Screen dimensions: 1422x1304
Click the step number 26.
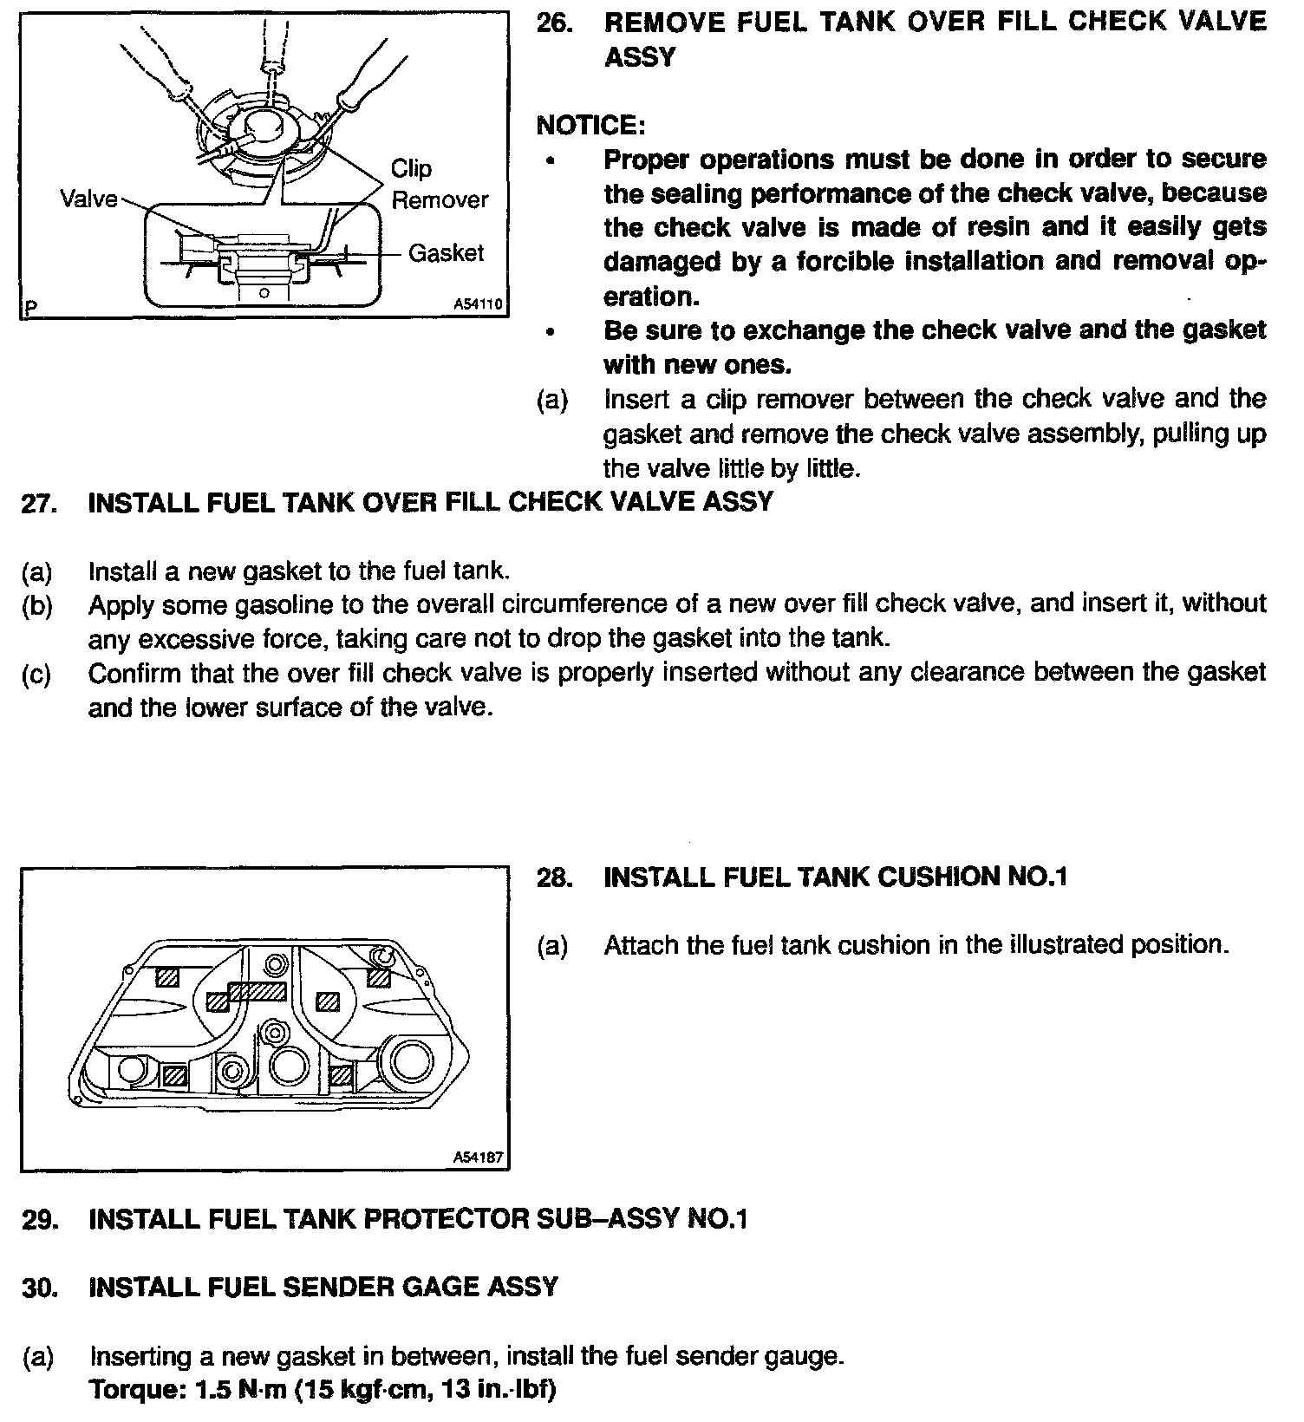pyautogui.click(x=554, y=23)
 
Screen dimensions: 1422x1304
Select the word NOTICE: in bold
pyautogui.click(x=590, y=126)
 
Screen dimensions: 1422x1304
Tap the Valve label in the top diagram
pyautogui.click(x=88, y=199)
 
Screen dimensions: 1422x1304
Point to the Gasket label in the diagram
pyautogui.click(x=446, y=253)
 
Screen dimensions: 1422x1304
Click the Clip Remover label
pyautogui.click(x=439, y=184)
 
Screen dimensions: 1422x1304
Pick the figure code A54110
pyautogui.click(x=477, y=305)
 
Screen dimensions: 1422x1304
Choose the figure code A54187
pyautogui.click(x=477, y=1158)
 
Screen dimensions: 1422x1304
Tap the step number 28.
pyautogui.click(x=554, y=877)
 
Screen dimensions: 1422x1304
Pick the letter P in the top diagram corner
pyautogui.click(x=32, y=307)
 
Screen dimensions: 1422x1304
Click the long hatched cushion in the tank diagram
pyautogui.click(x=256, y=990)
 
